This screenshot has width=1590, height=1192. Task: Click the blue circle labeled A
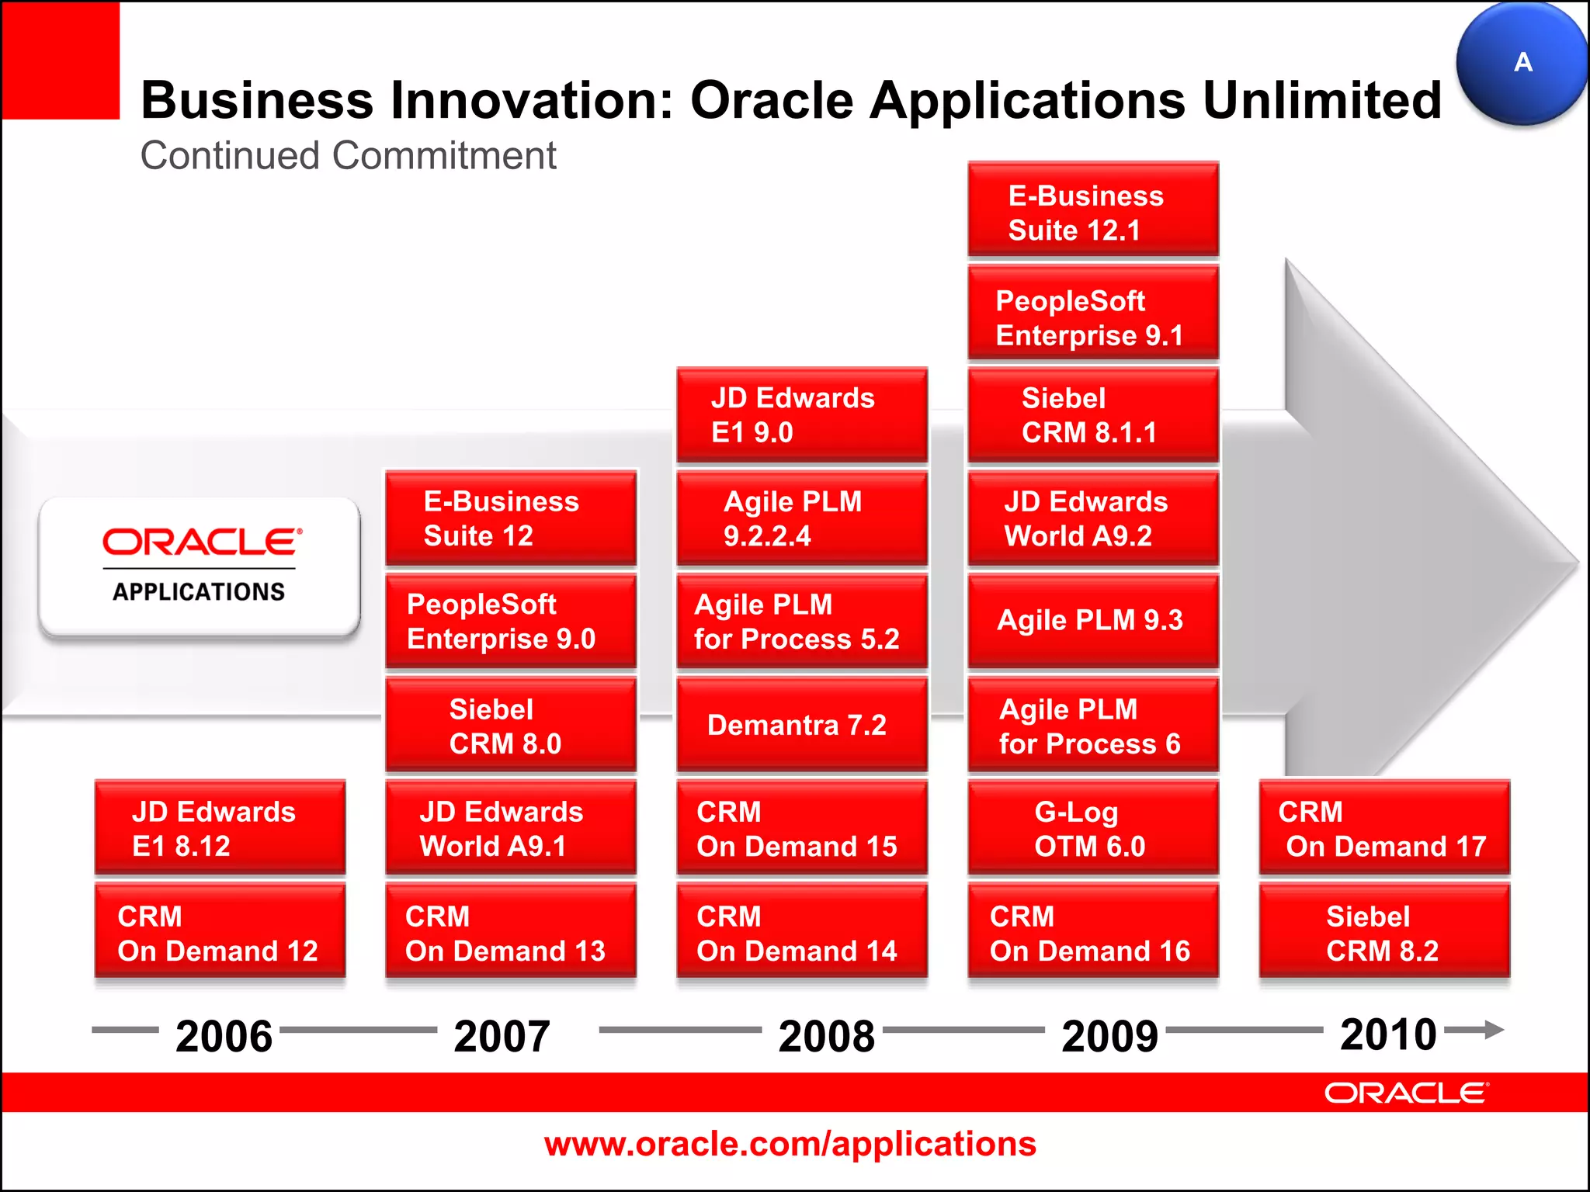pos(1522,64)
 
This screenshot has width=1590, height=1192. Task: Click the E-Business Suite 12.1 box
pos(1093,210)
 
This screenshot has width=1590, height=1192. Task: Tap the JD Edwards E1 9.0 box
pos(802,415)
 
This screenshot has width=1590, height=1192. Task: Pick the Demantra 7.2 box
pos(802,725)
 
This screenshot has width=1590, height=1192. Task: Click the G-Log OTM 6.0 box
pos(1093,829)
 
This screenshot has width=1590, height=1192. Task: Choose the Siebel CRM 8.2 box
pos(1384,933)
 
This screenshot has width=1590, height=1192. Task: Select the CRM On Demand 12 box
pos(220,933)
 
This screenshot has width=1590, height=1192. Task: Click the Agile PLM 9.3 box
pos(1093,621)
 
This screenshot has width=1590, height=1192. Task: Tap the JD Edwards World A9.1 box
pos(511,829)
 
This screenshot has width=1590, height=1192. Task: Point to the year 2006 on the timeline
pos(224,1036)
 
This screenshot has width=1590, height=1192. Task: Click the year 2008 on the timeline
pos(827,1036)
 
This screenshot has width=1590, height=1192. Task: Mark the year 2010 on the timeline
pos(1388,1034)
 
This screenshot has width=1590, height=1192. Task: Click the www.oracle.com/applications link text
pos(790,1144)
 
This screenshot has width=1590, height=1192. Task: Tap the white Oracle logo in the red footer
pos(1406,1093)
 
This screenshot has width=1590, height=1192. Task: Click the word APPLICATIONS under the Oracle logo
pos(199,592)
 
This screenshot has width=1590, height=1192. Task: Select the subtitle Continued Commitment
pos(348,155)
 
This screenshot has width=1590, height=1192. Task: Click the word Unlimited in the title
pos(1321,101)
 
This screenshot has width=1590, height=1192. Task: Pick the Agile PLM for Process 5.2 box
pos(802,622)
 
